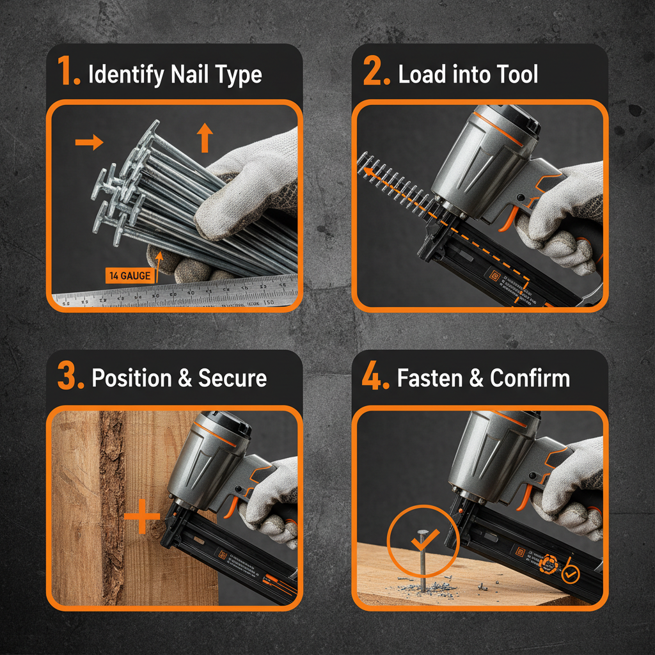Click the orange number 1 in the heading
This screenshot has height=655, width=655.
click(68, 74)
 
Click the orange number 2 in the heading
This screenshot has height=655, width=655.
click(374, 74)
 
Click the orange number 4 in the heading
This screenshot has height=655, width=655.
click(374, 377)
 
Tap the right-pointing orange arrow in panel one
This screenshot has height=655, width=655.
click(88, 142)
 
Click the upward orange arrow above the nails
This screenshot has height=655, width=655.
click(204, 138)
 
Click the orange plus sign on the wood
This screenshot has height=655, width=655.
click(141, 517)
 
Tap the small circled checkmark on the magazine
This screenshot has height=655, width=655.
click(569, 574)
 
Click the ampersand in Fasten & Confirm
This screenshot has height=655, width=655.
click(477, 378)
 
